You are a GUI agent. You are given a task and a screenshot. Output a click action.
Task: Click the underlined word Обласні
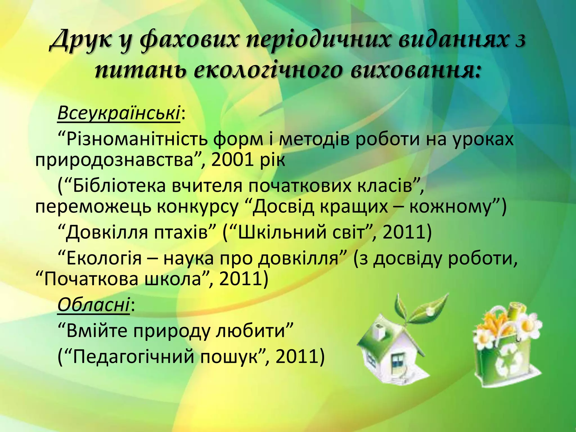click(94, 305)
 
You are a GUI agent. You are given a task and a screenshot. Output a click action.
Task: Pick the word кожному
click(453, 207)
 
